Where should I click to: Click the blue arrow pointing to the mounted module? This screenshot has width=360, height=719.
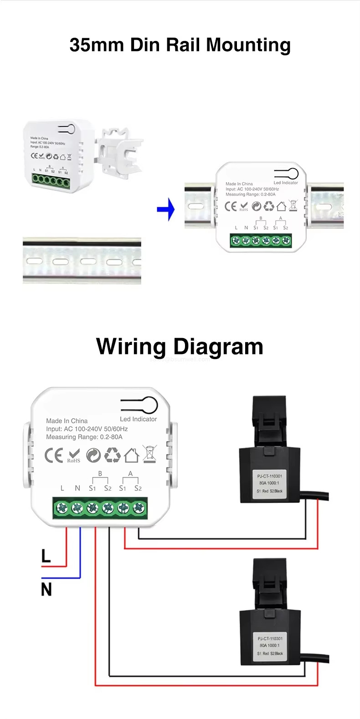click(x=166, y=210)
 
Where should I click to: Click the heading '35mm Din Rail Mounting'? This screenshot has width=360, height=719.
click(x=180, y=45)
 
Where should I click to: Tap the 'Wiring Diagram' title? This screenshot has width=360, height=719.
click(x=180, y=346)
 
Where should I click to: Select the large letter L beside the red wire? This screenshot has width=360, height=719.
click(x=46, y=556)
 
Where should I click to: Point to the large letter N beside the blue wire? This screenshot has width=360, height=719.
click(x=46, y=590)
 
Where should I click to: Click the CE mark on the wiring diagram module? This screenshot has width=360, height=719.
click(x=54, y=455)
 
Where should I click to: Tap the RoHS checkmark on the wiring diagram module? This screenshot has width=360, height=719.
click(x=74, y=454)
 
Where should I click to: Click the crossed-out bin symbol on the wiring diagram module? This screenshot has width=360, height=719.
click(x=149, y=454)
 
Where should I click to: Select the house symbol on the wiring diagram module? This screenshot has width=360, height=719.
click(x=131, y=455)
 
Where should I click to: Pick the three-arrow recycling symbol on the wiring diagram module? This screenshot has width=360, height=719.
click(x=113, y=455)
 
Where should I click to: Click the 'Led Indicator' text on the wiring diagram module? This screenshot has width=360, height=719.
click(x=138, y=419)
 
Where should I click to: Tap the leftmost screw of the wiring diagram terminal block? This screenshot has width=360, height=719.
click(x=62, y=507)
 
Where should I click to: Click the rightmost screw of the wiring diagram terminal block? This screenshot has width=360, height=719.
click(x=138, y=507)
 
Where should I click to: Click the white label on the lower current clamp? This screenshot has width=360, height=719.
click(x=270, y=646)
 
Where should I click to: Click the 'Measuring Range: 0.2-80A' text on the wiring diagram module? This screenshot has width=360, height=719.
click(x=84, y=437)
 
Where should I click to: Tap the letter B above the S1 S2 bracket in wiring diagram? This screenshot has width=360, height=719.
click(x=100, y=474)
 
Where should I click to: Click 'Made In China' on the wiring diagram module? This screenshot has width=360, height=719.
click(x=67, y=421)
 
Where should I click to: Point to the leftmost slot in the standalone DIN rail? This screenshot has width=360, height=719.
click(x=34, y=262)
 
